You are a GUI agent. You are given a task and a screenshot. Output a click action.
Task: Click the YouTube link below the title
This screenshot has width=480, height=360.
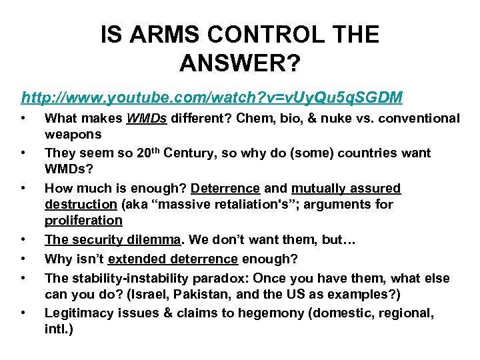(211, 97)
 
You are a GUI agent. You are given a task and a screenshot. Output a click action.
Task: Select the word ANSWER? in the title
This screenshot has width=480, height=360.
(240, 64)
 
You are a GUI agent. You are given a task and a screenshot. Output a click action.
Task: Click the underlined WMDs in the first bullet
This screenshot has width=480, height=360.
(147, 119)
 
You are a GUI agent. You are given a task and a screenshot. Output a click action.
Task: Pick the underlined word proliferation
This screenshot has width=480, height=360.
(83, 221)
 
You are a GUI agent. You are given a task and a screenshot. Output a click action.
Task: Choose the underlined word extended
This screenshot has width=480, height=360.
(139, 258)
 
